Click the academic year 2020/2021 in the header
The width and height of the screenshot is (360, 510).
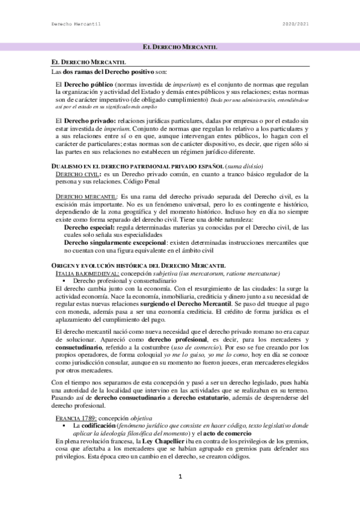(296, 24)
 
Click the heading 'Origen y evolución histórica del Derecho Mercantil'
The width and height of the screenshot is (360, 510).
(138, 266)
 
